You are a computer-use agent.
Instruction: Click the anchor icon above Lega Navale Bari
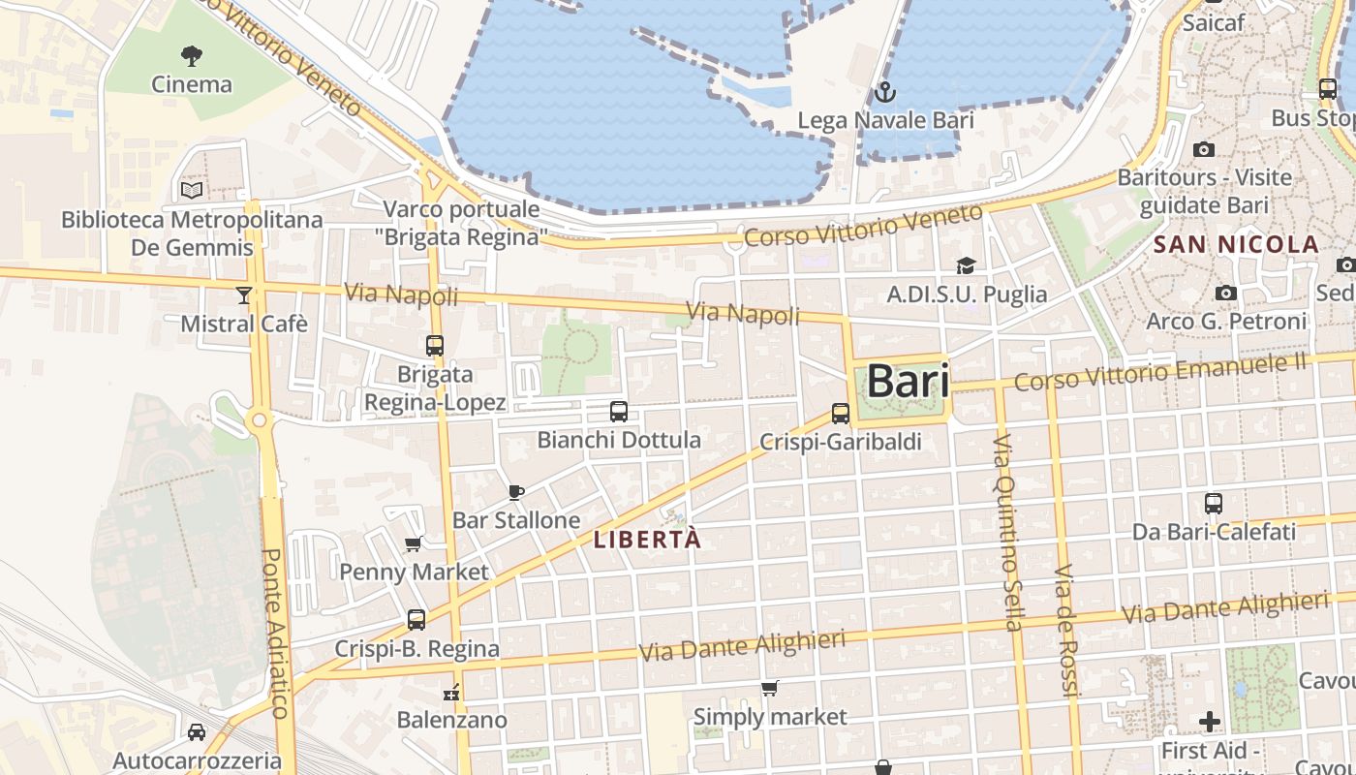(x=884, y=93)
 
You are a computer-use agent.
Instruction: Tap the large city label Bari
(x=908, y=381)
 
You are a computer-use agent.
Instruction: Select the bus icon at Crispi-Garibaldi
(x=841, y=414)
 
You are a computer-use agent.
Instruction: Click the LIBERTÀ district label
(x=647, y=540)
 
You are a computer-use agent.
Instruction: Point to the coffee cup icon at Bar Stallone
(x=516, y=492)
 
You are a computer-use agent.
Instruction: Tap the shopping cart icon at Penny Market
(x=414, y=543)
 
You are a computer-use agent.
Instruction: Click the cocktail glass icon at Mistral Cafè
(x=243, y=294)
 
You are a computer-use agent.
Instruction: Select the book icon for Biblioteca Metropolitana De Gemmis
(x=192, y=190)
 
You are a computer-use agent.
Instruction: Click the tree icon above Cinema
(x=192, y=55)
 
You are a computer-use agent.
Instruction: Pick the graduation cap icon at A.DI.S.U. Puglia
(x=966, y=265)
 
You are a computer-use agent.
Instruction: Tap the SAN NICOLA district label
(x=1236, y=244)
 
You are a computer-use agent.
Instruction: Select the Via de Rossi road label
(x=1066, y=630)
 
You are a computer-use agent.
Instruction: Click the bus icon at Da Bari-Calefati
(x=1214, y=504)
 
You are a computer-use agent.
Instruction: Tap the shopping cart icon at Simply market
(x=769, y=689)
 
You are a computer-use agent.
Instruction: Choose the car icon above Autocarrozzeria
(x=197, y=732)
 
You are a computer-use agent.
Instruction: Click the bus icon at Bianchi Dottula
(x=619, y=412)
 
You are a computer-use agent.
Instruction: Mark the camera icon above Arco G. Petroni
(x=1226, y=293)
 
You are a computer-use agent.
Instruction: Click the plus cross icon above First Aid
(x=1210, y=722)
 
